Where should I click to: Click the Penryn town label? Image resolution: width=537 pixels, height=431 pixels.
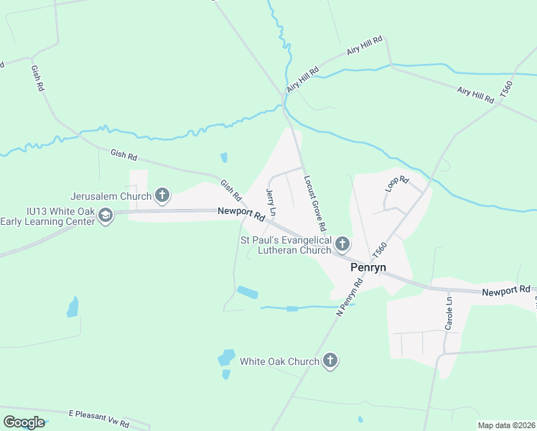[368, 267]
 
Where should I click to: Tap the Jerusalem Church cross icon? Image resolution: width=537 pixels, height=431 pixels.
[163, 195]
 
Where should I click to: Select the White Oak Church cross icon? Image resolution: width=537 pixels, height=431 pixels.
[330, 361]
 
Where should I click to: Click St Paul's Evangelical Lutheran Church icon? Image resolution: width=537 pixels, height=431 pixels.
[342, 245]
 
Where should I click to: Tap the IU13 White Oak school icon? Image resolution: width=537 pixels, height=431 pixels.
[106, 215]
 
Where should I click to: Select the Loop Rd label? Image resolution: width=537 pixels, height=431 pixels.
[396, 184]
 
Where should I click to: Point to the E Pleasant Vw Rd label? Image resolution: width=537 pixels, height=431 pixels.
[99, 416]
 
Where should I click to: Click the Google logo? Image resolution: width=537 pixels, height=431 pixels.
[23, 422]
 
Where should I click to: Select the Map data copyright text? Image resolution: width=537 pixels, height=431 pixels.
[506, 425]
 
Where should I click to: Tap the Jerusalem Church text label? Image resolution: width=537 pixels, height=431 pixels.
[111, 195]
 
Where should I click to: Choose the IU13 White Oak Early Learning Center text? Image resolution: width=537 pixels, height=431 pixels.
[48, 216]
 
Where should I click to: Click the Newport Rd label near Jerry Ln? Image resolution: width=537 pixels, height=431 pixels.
[241, 213]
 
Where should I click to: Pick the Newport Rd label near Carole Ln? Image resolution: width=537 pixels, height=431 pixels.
[506, 290]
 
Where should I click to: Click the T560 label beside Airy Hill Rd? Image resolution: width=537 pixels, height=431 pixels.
[508, 90]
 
